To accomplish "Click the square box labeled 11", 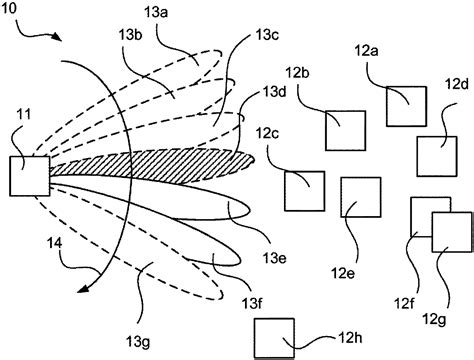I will coord(30,176).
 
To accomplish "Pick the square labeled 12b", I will coord(344,129).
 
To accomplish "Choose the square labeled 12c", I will coord(303,190).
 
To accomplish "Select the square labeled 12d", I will coord(437,155).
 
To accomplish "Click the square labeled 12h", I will coord(275,337).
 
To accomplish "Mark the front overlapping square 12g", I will coord(451,231).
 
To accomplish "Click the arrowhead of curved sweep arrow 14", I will coord(83,291).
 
